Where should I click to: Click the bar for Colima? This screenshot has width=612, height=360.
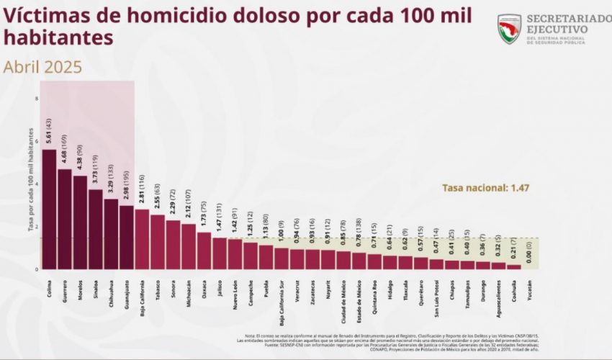(49, 209)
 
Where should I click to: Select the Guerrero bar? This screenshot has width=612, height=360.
(65, 219)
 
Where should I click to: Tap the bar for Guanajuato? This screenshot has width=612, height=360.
(127, 238)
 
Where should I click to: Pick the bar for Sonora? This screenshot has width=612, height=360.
(173, 245)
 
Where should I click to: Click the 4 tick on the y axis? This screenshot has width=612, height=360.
(36, 183)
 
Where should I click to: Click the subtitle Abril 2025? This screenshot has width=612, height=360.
(42, 67)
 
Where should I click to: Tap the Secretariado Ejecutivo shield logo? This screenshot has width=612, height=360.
(509, 29)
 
